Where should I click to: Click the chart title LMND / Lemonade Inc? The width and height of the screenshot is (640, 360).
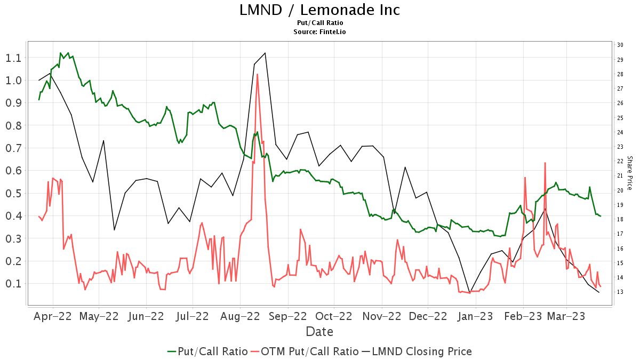click(x=319, y=10)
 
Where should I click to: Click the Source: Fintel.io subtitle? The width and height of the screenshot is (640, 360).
click(x=319, y=32)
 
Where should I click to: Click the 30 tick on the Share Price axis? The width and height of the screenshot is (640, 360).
click(x=620, y=45)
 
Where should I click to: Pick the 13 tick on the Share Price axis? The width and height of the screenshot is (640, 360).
click(x=620, y=292)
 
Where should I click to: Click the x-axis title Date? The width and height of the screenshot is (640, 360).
click(x=319, y=331)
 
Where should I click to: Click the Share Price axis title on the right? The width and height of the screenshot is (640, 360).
click(x=630, y=173)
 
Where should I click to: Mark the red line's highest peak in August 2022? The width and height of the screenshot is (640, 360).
click(x=257, y=74)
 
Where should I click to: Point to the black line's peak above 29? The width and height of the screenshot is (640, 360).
click(x=265, y=53)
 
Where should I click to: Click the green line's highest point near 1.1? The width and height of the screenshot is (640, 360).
click(x=60, y=53)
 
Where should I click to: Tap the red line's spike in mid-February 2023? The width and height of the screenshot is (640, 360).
click(x=545, y=163)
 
